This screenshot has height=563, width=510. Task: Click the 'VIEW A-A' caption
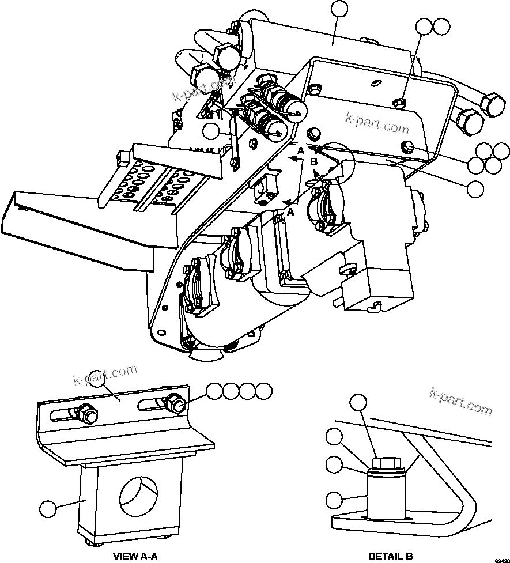click(x=135, y=556)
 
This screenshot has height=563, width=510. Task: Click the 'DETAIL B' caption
click(x=390, y=556)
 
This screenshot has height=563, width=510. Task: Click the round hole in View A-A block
click(x=139, y=497)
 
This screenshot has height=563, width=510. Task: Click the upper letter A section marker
click(x=299, y=150)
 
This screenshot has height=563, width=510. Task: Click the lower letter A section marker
click(x=290, y=212)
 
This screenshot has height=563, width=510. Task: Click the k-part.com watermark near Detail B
click(x=461, y=400)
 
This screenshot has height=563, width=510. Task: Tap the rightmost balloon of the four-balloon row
click(x=263, y=391)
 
